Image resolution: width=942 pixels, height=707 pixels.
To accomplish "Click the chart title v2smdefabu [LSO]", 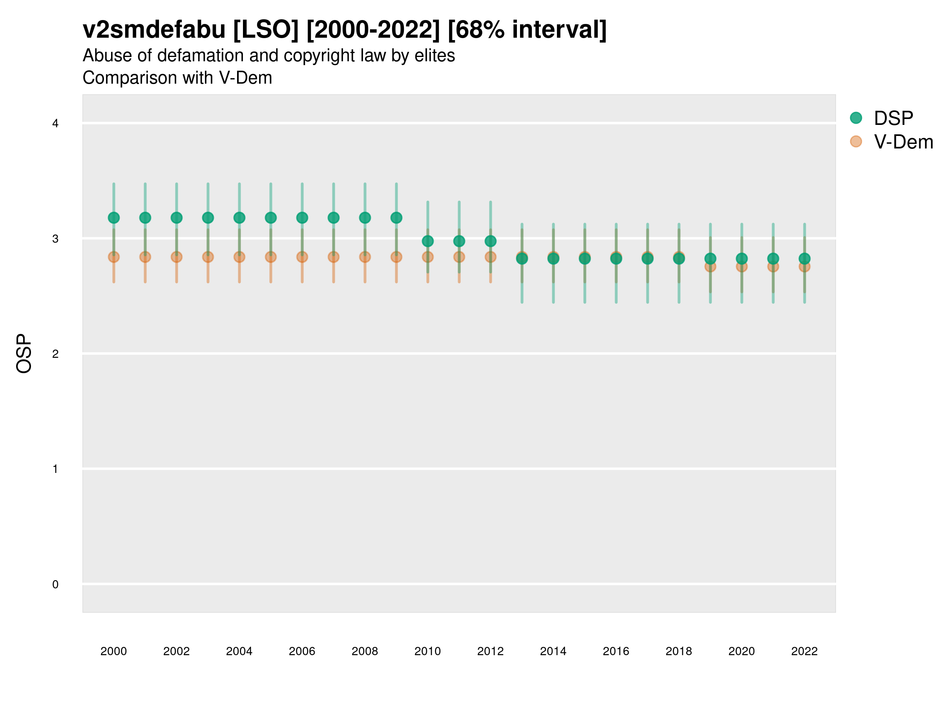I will click(x=344, y=30).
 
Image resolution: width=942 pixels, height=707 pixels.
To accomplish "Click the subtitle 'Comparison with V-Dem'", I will click(x=177, y=78).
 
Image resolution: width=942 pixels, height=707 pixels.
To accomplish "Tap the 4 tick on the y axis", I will click(x=55, y=124).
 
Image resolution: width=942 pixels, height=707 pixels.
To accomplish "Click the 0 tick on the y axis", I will click(x=55, y=584).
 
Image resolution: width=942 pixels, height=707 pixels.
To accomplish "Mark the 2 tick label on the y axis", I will click(x=55, y=354).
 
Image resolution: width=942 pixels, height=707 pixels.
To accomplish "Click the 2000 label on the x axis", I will click(x=114, y=651).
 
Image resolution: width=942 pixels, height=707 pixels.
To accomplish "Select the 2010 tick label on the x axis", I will click(x=427, y=651).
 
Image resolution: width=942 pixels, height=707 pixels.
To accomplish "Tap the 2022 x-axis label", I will click(x=805, y=651).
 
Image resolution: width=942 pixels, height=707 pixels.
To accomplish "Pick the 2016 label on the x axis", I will click(x=616, y=651).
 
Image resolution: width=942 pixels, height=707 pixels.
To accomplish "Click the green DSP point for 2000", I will click(x=114, y=218).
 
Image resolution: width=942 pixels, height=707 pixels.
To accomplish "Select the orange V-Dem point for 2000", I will click(x=114, y=257).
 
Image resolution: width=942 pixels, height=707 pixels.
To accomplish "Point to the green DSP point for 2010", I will click(x=427, y=241).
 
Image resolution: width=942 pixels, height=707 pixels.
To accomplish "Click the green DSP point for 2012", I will click(x=491, y=241).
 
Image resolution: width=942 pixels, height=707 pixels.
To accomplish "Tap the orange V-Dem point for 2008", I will click(x=365, y=257).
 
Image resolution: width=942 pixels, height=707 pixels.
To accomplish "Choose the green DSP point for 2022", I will click(x=805, y=259).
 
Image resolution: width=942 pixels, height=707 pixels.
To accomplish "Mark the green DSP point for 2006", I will click(x=302, y=218).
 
